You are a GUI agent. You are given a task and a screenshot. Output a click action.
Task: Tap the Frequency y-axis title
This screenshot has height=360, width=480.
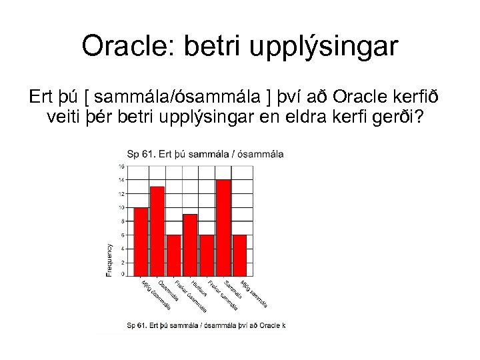click(109, 259)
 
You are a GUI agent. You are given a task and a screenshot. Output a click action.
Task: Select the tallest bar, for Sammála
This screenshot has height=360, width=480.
click(223, 227)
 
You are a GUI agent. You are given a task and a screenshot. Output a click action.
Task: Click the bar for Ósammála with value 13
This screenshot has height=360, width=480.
click(157, 230)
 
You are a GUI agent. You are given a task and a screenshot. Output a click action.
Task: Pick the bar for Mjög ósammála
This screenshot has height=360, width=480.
click(141, 241)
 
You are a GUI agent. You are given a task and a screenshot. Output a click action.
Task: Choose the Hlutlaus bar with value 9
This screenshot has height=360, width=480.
click(190, 244)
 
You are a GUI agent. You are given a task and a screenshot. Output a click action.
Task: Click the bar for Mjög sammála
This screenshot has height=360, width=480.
click(239, 255)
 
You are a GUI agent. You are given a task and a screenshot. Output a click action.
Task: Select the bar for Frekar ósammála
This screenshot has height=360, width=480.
click(174, 255)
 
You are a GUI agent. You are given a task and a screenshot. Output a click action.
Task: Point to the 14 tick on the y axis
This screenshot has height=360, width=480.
click(121, 180)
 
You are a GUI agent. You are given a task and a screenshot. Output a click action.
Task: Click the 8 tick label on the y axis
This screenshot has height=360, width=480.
click(122, 221)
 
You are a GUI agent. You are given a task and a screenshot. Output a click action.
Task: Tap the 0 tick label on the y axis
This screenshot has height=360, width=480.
click(122, 274)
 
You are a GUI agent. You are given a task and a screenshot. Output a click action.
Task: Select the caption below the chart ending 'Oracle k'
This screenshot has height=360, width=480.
click(206, 325)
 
